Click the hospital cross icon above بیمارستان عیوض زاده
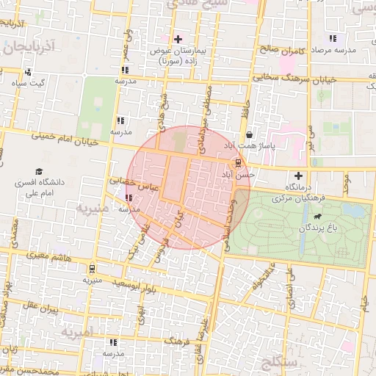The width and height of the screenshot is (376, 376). (178, 38)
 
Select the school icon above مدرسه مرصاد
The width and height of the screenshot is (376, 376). (333, 38)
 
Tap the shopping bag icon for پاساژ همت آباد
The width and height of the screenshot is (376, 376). (250, 135)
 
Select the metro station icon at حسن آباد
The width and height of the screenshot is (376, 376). (236, 162)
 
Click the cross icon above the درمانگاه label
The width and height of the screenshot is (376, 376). (298, 176)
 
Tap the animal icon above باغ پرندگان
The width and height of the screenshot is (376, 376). (317, 217)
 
